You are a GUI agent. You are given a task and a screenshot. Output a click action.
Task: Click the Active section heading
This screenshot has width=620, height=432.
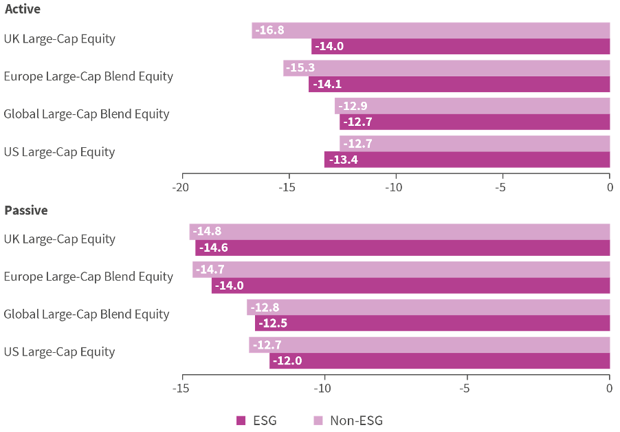(x=22, y=10)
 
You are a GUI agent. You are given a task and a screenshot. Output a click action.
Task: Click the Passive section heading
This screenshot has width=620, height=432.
(x=25, y=210)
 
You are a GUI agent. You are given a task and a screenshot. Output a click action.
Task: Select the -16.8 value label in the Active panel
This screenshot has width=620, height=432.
(x=269, y=30)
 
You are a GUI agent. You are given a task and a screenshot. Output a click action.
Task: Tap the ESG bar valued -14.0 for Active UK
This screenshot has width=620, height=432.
(x=461, y=47)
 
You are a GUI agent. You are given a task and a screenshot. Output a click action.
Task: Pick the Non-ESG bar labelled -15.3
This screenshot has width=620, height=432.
(x=447, y=68)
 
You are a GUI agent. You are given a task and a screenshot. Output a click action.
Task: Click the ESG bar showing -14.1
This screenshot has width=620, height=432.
(x=459, y=85)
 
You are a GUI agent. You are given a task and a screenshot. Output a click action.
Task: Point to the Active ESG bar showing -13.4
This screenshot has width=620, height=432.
(x=467, y=160)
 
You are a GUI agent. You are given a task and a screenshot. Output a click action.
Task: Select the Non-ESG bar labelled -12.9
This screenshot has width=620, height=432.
(x=472, y=106)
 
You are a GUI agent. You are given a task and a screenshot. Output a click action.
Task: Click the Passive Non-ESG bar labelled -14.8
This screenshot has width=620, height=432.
(x=399, y=232)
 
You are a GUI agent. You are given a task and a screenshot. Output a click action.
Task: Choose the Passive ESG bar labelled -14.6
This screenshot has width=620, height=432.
(x=403, y=248)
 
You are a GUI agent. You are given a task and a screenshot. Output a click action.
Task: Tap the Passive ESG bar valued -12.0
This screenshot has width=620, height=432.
(x=440, y=360)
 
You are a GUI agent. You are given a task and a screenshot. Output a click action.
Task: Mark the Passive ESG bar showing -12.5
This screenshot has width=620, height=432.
(x=432, y=323)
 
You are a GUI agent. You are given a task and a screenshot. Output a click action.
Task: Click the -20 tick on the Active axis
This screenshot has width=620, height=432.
(x=182, y=186)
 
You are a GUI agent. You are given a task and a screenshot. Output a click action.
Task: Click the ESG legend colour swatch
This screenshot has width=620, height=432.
(x=241, y=420)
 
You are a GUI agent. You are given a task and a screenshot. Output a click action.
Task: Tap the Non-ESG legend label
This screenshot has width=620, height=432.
(x=356, y=420)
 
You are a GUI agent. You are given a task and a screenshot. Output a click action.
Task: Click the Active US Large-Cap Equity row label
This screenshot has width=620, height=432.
(x=59, y=151)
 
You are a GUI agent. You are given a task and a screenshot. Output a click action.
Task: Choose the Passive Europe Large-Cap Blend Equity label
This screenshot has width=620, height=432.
(x=88, y=277)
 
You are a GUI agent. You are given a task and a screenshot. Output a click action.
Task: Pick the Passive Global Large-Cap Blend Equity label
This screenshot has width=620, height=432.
(x=87, y=314)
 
